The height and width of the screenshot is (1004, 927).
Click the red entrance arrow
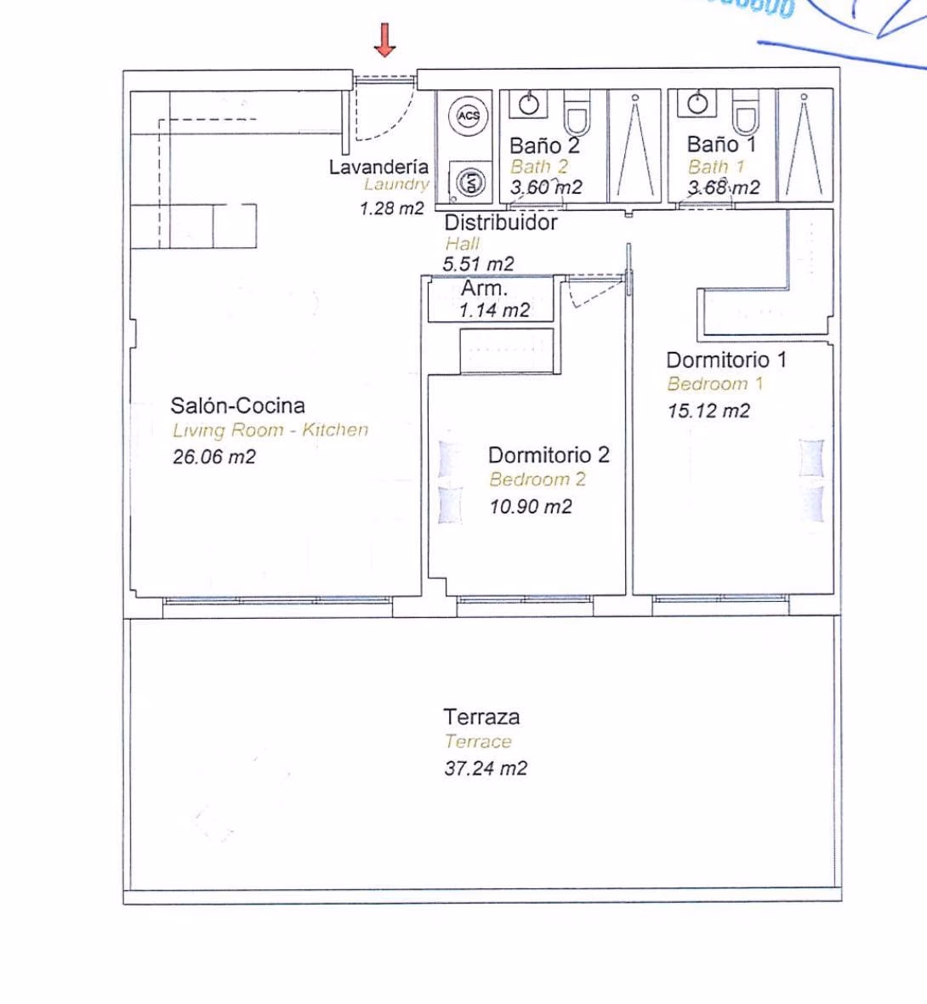coord(385,40)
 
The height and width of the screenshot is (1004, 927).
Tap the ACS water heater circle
coord(469,116)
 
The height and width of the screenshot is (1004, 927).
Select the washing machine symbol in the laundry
coord(469,181)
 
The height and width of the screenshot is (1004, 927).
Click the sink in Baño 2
coord(530,105)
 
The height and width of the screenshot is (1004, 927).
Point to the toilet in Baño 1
coord(746,113)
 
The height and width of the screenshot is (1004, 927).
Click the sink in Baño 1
coord(699,104)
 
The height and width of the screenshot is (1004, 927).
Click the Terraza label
coord(481,717)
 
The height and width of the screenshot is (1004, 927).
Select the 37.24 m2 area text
coord(486,769)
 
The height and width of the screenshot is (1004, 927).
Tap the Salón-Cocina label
coord(237,406)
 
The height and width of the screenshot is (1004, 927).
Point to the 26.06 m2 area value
coord(213,457)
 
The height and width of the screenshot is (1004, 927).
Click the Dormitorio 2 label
coord(549,455)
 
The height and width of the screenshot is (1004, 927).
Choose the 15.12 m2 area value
coord(708,411)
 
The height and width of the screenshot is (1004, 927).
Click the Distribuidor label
coord(501,223)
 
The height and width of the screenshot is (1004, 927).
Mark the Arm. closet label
coord(484,289)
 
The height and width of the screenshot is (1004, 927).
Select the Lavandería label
coord(378,167)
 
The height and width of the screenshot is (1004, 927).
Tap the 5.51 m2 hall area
coord(478,264)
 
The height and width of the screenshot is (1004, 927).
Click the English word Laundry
coord(396,184)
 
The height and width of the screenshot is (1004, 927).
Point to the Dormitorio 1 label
coord(726,360)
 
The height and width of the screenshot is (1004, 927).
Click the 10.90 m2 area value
coord(531,507)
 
